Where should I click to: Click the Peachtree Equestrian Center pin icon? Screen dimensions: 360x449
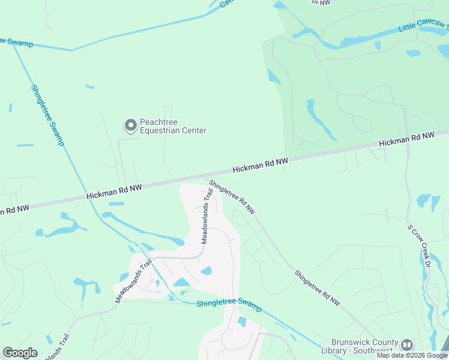click(x=130, y=125)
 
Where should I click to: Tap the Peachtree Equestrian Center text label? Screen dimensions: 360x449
click(x=173, y=126)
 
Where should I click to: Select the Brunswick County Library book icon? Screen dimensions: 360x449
click(x=407, y=345)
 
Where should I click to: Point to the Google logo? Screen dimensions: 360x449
click(x=20, y=353)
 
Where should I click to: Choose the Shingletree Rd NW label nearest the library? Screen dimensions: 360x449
click(x=317, y=289)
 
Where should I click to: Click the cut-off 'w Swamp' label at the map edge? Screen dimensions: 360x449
click(x=16, y=43)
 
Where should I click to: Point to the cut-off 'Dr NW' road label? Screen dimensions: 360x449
click(x=322, y=2)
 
